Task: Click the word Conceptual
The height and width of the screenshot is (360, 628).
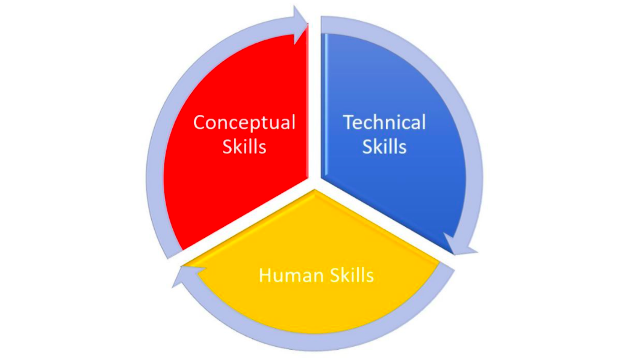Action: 244,123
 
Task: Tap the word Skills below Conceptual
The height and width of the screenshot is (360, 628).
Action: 244,146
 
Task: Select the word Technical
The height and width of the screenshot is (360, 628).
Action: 384,123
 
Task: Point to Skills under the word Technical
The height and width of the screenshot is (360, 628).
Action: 384,146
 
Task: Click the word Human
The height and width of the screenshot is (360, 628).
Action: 291,276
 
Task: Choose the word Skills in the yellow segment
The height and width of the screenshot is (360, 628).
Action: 352,276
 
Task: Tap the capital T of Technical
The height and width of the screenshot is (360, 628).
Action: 348,123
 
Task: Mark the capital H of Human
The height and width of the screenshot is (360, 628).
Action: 266,276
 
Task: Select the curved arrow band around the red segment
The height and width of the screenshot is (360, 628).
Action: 158,151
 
